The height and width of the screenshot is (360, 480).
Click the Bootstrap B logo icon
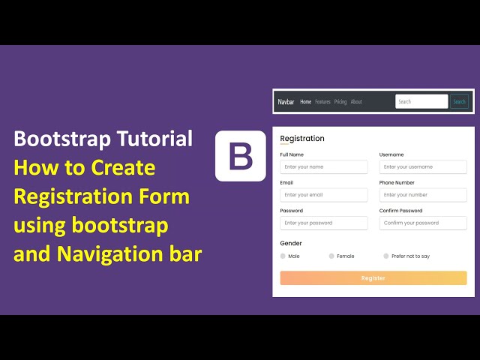(240, 156)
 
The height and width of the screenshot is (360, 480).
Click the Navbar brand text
(286, 102)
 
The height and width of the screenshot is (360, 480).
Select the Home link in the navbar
(305, 102)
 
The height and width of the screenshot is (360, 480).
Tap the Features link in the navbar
(322, 102)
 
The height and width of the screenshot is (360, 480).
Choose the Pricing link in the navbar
(340, 102)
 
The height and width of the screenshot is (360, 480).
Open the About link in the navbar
(356, 102)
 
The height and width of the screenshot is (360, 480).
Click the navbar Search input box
(421, 102)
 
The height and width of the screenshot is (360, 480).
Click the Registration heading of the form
(302, 139)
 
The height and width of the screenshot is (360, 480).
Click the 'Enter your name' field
(324, 167)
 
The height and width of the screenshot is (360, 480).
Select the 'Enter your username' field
(423, 167)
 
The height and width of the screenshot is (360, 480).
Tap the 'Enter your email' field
(324, 195)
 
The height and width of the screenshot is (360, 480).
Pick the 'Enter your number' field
(423, 195)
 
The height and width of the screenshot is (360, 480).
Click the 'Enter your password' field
(324, 223)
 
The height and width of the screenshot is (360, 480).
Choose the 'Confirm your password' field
(423, 223)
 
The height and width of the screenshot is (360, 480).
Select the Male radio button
(283, 256)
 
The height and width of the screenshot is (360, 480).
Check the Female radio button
(331, 256)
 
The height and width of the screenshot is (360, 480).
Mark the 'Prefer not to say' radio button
(386, 256)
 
